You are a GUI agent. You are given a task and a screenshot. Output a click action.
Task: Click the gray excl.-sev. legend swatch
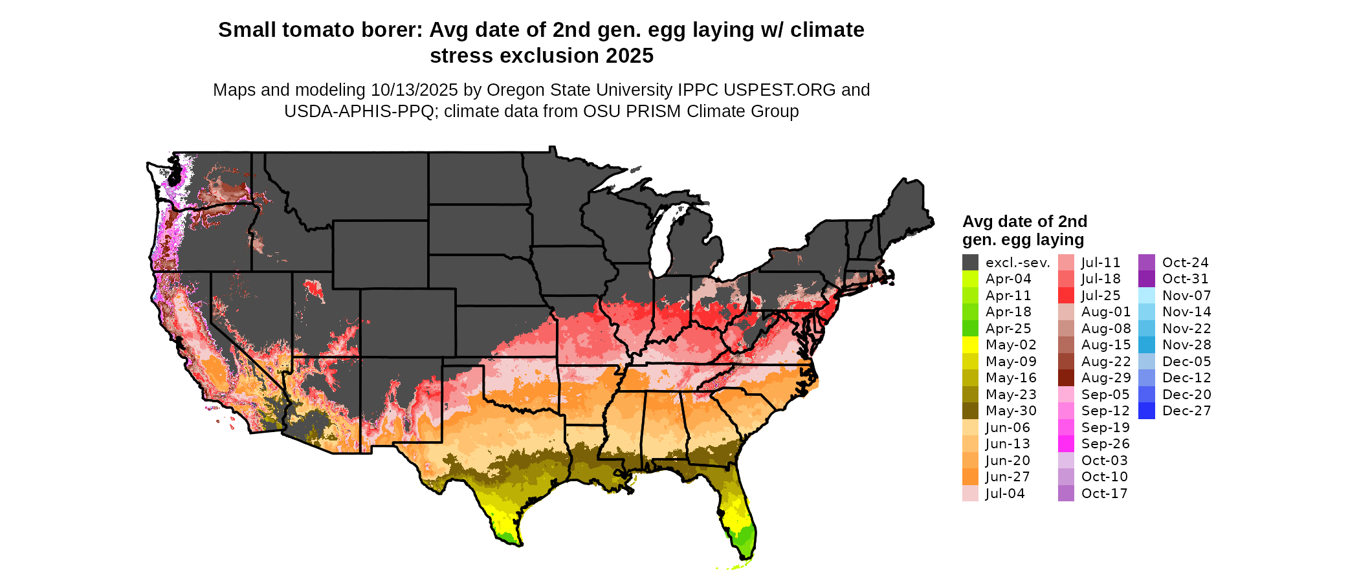970,263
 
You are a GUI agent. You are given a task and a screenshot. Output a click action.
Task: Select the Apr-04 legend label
1008,279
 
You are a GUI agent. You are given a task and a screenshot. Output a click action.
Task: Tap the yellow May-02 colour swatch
970,345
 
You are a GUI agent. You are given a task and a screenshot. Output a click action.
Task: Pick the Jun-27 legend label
1008,477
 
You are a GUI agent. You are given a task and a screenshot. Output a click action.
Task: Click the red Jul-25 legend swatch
1066,296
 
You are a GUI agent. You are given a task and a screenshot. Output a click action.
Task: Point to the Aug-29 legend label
1106,378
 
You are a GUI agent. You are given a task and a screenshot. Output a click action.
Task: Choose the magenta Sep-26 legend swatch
1066,444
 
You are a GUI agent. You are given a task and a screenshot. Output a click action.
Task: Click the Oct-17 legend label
1105,494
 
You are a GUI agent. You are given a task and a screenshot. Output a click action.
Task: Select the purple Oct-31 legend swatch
1146,279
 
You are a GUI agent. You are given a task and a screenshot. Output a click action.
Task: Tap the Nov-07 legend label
1187,296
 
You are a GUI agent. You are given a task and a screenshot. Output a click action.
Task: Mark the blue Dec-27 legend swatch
1146,411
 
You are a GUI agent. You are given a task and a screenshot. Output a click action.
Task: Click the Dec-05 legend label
1187,362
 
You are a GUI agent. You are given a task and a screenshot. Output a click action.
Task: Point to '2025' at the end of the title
630,56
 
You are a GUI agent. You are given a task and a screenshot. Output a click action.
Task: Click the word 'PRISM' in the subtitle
652,111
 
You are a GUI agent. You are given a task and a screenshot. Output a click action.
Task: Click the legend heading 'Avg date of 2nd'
1024,222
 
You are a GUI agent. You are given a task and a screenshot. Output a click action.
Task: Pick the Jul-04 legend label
1005,494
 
